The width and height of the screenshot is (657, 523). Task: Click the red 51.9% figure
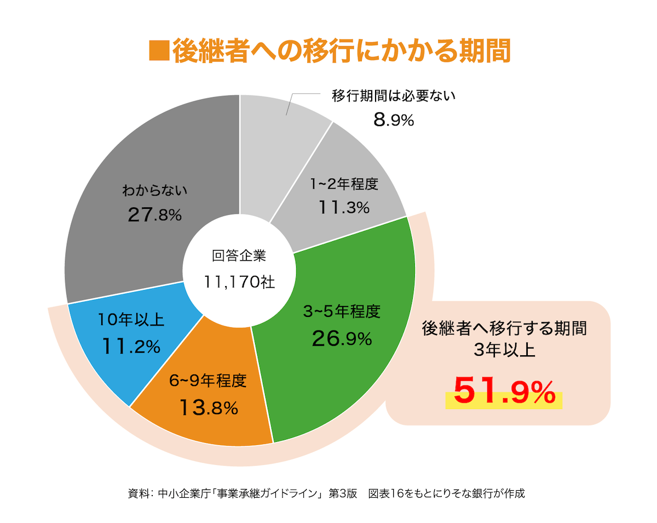[504, 391]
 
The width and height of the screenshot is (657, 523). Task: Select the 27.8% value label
[154, 214]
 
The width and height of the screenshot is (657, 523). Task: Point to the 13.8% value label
[208, 407]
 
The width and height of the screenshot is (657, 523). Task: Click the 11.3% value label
[344, 208]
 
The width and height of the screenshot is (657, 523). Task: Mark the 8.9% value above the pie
[393, 120]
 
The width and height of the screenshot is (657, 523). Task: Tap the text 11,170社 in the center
[239, 282]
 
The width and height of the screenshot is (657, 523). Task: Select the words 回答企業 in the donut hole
[239, 256]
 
